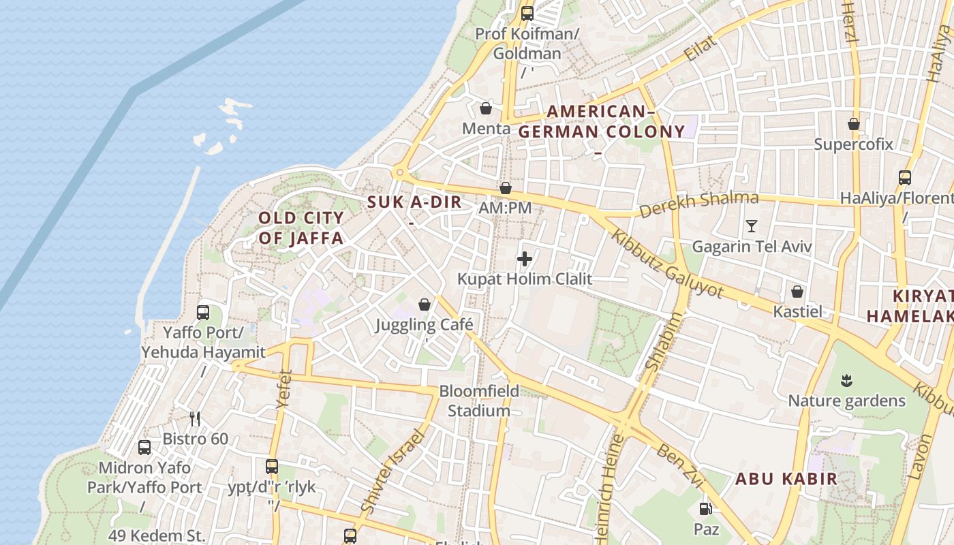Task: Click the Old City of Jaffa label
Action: [x=301, y=228]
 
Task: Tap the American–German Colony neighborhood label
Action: [x=602, y=122]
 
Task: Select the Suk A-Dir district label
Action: [x=414, y=202]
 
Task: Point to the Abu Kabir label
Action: [x=786, y=478]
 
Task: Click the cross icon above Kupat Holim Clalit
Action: [x=525, y=259]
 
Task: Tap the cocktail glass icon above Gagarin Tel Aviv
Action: [x=752, y=225]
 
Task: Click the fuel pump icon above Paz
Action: [x=706, y=508]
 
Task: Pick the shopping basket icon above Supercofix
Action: [x=853, y=124]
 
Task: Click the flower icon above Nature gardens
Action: [x=846, y=380]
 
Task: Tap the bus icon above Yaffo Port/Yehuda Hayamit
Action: [x=203, y=313]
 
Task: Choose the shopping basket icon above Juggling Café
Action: [x=425, y=305]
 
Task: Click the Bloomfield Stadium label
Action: [x=479, y=401]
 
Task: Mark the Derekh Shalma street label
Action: [x=698, y=204]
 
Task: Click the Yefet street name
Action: [x=284, y=389]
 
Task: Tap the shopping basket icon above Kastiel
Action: [x=797, y=292]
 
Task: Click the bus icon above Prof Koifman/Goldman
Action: [x=527, y=13]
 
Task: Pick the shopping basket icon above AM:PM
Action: [x=506, y=188]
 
